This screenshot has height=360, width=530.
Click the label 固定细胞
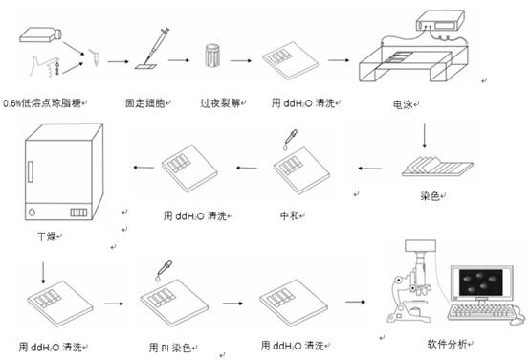point(145,102)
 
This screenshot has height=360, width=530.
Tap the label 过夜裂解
point(220,102)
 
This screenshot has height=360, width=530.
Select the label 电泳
point(403,104)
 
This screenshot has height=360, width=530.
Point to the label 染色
point(430,195)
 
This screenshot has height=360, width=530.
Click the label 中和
point(289,215)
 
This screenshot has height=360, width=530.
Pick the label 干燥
point(46,236)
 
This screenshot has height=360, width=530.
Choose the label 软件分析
point(447,344)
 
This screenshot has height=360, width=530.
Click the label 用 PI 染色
point(170,348)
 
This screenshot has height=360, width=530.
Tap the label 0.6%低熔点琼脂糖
point(42,102)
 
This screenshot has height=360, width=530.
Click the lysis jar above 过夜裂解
point(212,56)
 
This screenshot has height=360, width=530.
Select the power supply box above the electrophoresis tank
point(440,21)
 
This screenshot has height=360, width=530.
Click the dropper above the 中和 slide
point(290,139)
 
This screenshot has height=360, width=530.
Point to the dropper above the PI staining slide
point(164,270)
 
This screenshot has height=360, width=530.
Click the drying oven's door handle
point(31,172)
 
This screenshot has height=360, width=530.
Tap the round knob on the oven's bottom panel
point(32,213)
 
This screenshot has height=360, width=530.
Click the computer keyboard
point(480,312)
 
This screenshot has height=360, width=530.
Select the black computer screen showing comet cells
point(480,282)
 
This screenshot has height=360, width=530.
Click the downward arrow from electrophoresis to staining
point(424,136)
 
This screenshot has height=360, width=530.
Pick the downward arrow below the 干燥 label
point(43,273)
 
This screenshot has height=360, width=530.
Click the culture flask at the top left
point(40,35)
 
